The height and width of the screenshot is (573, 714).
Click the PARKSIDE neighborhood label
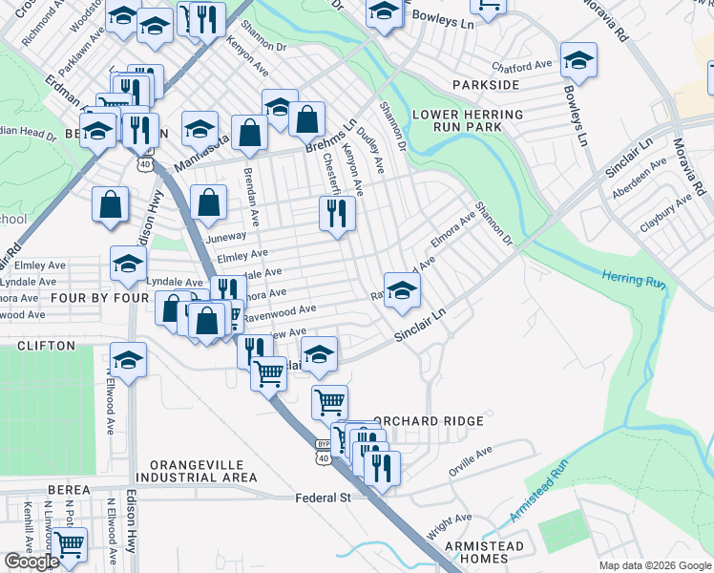click(x=492, y=85)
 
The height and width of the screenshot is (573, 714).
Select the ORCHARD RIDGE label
click(x=429, y=421)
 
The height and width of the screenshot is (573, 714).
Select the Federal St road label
click(x=324, y=498)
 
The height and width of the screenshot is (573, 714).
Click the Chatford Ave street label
click(x=522, y=66)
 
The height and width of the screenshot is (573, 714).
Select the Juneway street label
click(x=225, y=237)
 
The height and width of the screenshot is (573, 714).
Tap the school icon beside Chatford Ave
click(x=577, y=60)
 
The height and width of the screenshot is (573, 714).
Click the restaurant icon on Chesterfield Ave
click(x=337, y=213)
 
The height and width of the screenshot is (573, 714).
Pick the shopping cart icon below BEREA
click(x=69, y=544)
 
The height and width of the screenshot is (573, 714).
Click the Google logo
click(x=31, y=562)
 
